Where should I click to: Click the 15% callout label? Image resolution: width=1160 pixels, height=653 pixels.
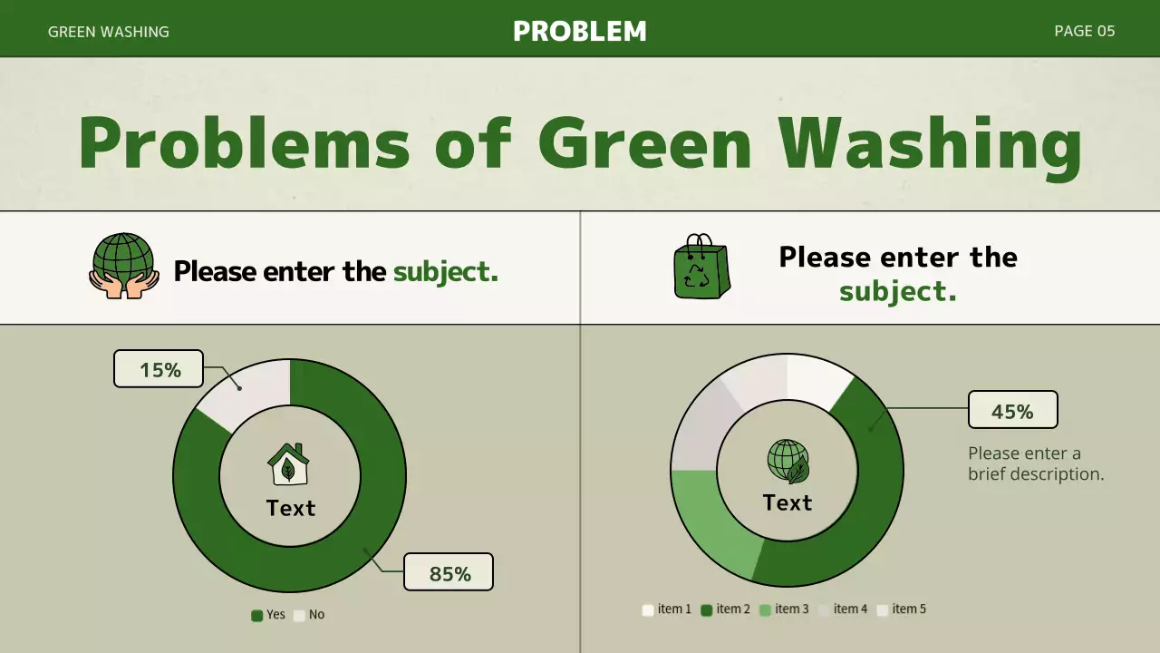pos(159,369)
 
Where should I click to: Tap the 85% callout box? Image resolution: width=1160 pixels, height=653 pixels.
pos(449,572)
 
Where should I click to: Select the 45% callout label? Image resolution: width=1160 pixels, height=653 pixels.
pos(1012,411)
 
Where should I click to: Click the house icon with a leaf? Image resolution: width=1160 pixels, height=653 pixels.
pos(288,464)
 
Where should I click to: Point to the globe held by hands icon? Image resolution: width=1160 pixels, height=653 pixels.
pos(124,266)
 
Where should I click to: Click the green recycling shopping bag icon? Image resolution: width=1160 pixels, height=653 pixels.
pos(701,267)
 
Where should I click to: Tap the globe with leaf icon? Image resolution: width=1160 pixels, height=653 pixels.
pos(788,461)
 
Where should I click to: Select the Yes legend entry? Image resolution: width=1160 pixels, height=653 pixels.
pos(268,615)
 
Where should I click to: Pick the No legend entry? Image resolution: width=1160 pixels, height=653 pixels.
pos(309,615)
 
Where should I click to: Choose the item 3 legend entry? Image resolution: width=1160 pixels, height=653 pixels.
pos(784,609)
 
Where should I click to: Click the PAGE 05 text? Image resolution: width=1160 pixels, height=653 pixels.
pos(1084,31)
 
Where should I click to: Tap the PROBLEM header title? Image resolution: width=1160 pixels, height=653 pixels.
pos(580,31)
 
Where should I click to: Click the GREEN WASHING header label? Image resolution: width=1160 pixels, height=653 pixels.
pos(109,32)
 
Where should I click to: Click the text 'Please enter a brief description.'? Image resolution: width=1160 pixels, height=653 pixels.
pos(1036,463)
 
